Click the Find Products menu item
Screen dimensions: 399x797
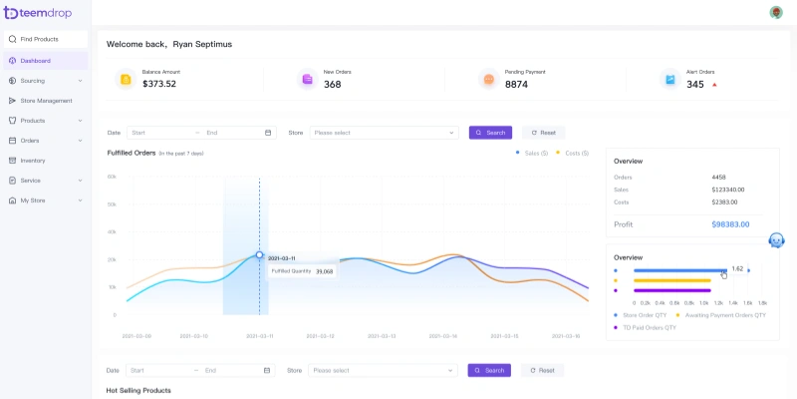point(39,39)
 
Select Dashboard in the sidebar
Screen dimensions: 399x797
point(35,60)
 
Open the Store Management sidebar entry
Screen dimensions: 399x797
point(46,100)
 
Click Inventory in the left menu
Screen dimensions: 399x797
point(33,160)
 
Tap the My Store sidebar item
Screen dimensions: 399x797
point(33,199)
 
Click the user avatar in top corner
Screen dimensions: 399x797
point(776,12)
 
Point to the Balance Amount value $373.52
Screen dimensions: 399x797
point(159,84)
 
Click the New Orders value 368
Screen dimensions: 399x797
point(332,84)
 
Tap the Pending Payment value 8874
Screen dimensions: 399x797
point(516,84)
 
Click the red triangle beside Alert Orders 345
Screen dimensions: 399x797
point(714,85)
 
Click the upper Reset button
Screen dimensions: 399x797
point(543,132)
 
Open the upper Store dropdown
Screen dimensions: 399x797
point(384,132)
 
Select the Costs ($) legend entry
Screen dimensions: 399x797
point(572,153)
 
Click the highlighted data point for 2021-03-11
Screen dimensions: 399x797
point(259,254)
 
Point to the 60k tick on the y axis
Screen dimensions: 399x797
point(112,176)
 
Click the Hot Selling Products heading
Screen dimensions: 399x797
point(138,390)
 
